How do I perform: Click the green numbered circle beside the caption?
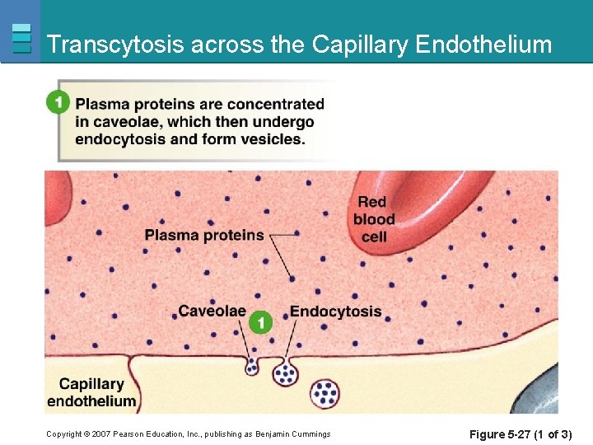click(57, 102)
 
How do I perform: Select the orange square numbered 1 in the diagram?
click(260, 322)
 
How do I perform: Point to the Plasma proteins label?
click(204, 235)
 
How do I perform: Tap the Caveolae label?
click(212, 311)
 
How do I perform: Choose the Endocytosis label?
click(335, 311)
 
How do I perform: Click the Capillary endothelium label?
click(91, 392)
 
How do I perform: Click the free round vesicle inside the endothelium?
click(326, 393)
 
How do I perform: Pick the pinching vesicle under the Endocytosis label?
click(285, 372)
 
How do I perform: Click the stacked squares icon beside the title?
click(22, 39)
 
